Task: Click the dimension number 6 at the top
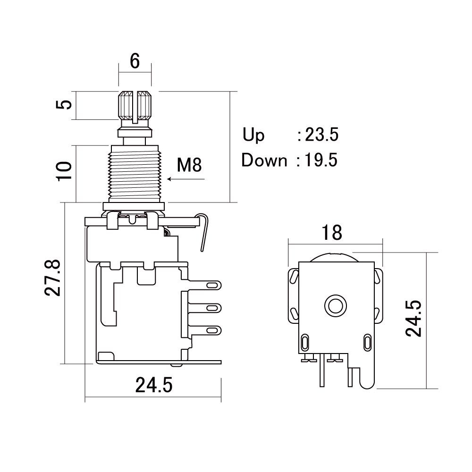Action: pyautogui.click(x=135, y=61)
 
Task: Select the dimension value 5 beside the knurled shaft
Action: pyautogui.click(x=64, y=105)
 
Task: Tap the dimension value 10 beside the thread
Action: pyautogui.click(x=64, y=171)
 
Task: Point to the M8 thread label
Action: pyautogui.click(x=189, y=165)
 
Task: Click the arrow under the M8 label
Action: pyautogui.click(x=186, y=179)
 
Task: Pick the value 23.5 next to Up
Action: pyautogui.click(x=322, y=135)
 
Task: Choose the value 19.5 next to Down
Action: pyautogui.click(x=321, y=160)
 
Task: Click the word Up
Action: pyautogui.click(x=253, y=135)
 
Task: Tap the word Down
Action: pyautogui.click(x=264, y=160)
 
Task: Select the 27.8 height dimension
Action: pyautogui.click(x=53, y=278)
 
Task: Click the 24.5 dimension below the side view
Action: pyautogui.click(x=154, y=385)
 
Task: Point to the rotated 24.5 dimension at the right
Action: pyautogui.click(x=413, y=318)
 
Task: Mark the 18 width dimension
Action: pyautogui.click(x=332, y=233)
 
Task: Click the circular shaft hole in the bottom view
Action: pyautogui.click(x=335, y=305)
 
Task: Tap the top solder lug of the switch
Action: pyautogui.click(x=205, y=285)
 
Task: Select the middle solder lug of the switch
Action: pyautogui.click(x=205, y=308)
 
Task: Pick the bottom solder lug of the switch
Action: pyautogui.click(x=205, y=330)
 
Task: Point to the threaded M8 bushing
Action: pyautogui.click(x=135, y=174)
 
